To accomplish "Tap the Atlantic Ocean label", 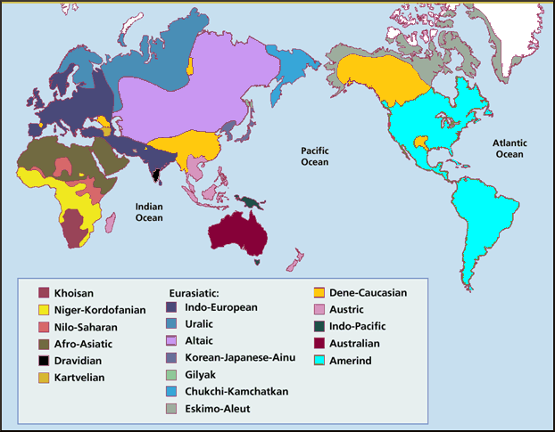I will (x=509, y=148).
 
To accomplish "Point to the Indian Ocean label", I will (x=148, y=212).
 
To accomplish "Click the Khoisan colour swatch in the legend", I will (x=43, y=292).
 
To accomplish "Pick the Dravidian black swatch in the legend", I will (x=43, y=361).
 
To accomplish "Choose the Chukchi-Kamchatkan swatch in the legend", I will (x=172, y=392).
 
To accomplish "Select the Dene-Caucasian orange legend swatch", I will (x=318, y=292).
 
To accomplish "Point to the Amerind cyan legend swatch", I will (x=318, y=360).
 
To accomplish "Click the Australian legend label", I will (x=354, y=343).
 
